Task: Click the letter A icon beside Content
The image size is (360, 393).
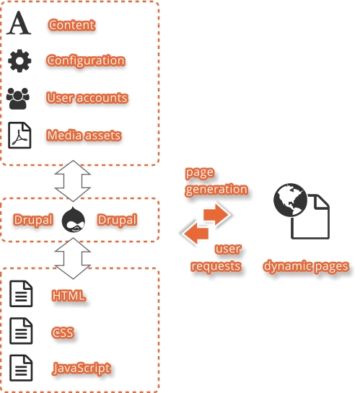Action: tap(19, 22)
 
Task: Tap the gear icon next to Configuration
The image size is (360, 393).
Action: tap(19, 61)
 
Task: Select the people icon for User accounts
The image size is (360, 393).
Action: tap(18, 99)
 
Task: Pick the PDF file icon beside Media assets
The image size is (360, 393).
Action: tap(19, 136)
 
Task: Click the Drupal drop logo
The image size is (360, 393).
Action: tap(73, 219)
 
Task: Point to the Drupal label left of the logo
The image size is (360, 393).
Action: tap(33, 220)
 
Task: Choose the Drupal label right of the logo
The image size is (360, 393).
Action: tap(117, 220)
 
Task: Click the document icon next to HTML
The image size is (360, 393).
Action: tap(21, 293)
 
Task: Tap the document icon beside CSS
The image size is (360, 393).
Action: tap(21, 331)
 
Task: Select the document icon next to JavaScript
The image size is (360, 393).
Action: tap(21, 368)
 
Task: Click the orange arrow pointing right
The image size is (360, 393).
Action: tap(216, 215)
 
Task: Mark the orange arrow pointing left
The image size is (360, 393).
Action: tap(196, 234)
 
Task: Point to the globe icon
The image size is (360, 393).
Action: tap(290, 200)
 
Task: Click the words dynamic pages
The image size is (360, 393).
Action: tap(306, 266)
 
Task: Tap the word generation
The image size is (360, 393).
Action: tap(216, 189)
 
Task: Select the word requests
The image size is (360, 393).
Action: tap(216, 266)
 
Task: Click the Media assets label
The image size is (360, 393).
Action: tap(84, 136)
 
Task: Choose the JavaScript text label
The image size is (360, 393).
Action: tap(82, 368)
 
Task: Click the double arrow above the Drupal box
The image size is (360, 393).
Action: tap(73, 181)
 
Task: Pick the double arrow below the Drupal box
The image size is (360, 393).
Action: tap(73, 258)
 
